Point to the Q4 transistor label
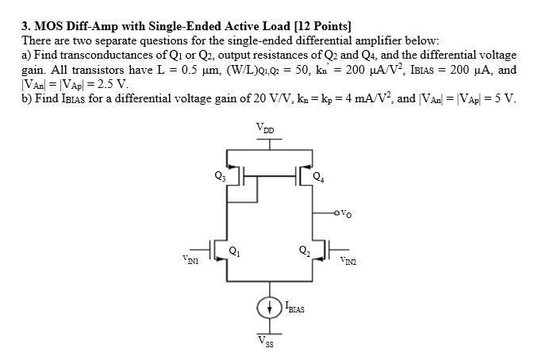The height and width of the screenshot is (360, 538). click(317, 176)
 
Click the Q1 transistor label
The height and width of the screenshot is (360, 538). click(232, 251)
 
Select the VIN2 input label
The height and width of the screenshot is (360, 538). click(347, 259)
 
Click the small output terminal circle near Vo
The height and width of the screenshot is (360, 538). click(340, 213)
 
